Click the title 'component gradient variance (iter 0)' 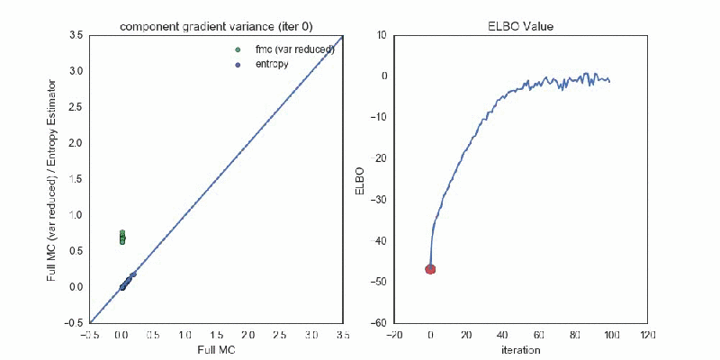point(216,25)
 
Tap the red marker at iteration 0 point(430,268)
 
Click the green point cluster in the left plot point(122,238)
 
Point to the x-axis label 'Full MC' point(216,348)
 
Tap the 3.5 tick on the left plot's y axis point(77,35)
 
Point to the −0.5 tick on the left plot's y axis point(76,323)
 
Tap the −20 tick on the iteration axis point(393,334)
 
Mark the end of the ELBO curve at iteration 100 point(610,82)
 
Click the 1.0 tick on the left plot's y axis point(77,215)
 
